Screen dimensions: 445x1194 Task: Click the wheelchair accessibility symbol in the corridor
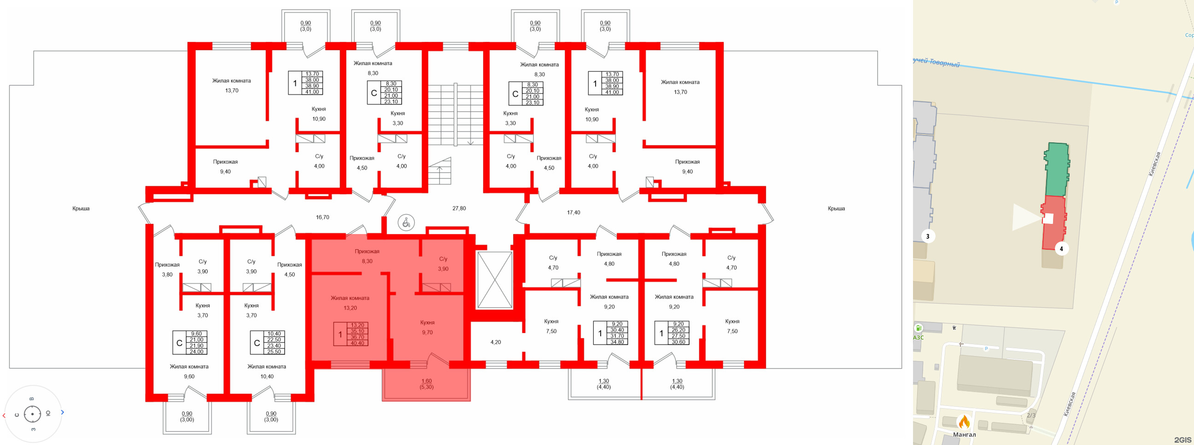tap(406, 223)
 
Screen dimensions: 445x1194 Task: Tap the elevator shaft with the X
tap(495, 280)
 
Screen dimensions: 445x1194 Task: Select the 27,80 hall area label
tap(459, 209)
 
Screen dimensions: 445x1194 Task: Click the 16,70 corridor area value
tap(322, 217)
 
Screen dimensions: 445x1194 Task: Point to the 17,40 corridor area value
tap(574, 213)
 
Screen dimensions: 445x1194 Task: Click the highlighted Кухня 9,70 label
tap(427, 327)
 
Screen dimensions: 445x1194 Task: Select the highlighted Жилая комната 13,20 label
tap(350, 303)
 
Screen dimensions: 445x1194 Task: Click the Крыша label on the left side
tap(81, 209)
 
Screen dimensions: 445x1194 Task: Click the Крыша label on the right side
tap(836, 209)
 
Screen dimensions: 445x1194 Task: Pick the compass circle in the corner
tap(32, 414)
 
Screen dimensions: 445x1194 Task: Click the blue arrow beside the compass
tap(63, 412)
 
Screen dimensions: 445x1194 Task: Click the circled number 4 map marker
tap(1061, 249)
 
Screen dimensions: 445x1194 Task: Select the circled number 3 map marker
tap(927, 236)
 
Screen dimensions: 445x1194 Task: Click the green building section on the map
tap(1057, 169)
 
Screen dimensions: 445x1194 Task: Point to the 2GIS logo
tap(1182, 439)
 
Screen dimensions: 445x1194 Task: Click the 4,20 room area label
tap(496, 343)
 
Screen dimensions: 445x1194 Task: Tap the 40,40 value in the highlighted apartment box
tap(357, 344)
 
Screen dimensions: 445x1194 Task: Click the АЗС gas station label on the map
tap(918, 338)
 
